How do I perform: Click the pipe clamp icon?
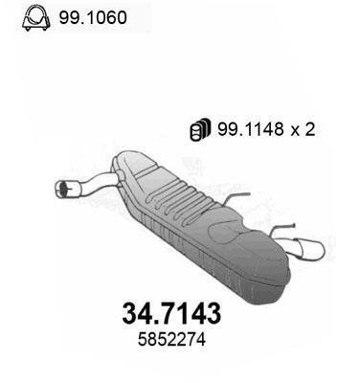click(x=35, y=18)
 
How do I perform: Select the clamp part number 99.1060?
click(x=93, y=17)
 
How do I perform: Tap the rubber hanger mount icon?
click(x=200, y=129)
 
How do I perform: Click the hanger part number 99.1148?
click(x=251, y=129)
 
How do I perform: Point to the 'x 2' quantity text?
click(x=303, y=129)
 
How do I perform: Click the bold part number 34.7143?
click(x=171, y=313)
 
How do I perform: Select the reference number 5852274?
click(x=171, y=340)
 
